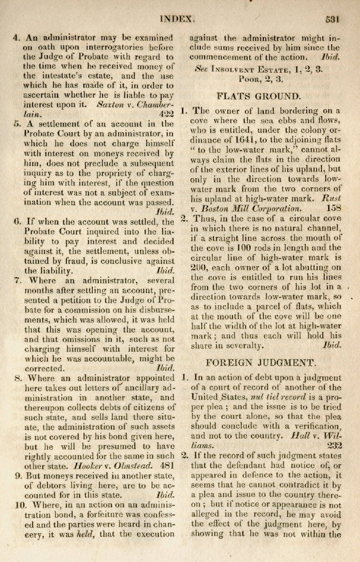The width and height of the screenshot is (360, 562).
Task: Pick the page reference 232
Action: tap(334, 445)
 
